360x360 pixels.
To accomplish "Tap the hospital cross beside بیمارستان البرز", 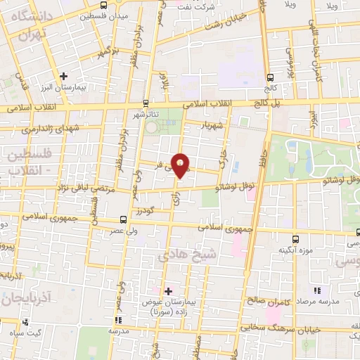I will (x=64, y=75).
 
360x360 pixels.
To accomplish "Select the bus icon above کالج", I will (x=271, y=78).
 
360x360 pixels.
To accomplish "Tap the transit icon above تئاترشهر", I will (x=146, y=102).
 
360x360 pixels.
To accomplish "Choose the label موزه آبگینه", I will (x=295, y=250).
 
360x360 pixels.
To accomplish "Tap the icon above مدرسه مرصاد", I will (x=317, y=290).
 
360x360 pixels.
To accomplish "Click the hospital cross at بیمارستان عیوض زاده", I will (x=168, y=290).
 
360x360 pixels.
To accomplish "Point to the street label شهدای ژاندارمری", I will (x=41, y=129).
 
